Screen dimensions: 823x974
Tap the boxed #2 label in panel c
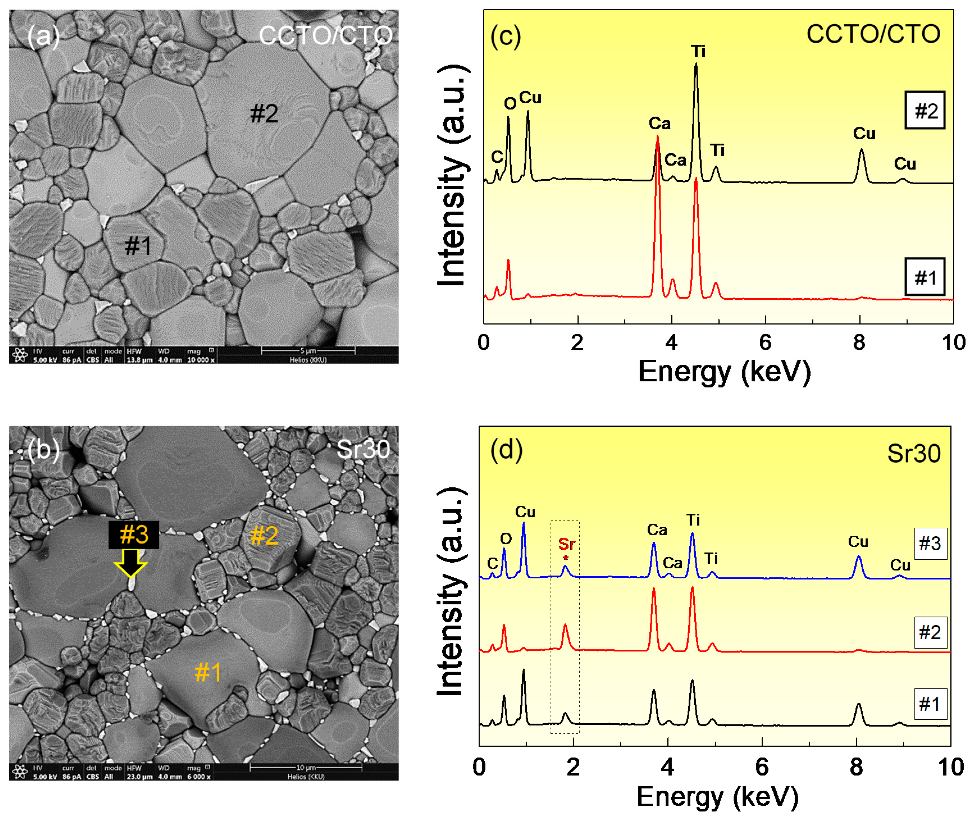tap(925, 111)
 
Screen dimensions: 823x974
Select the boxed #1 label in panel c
tap(925, 278)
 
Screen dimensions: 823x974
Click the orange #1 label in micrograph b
tap(208, 672)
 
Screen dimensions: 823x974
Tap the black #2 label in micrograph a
tap(264, 113)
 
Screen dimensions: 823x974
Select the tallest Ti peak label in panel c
tap(698, 51)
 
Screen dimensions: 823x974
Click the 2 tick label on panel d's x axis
tap(573, 767)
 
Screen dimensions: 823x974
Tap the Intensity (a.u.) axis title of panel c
tap(451, 175)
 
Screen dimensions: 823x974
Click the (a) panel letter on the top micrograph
tap(43, 36)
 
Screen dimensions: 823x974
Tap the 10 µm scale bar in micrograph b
tap(305, 767)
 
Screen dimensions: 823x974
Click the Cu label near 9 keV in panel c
tap(905, 164)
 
